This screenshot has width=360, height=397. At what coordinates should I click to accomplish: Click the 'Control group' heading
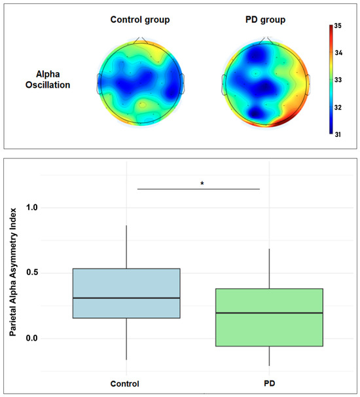coord(139,20)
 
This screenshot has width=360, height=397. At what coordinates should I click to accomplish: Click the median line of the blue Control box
coord(126,298)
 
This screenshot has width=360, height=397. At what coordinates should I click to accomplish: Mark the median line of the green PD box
coord(269,313)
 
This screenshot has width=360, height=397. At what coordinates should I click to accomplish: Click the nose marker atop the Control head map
coord(140,41)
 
